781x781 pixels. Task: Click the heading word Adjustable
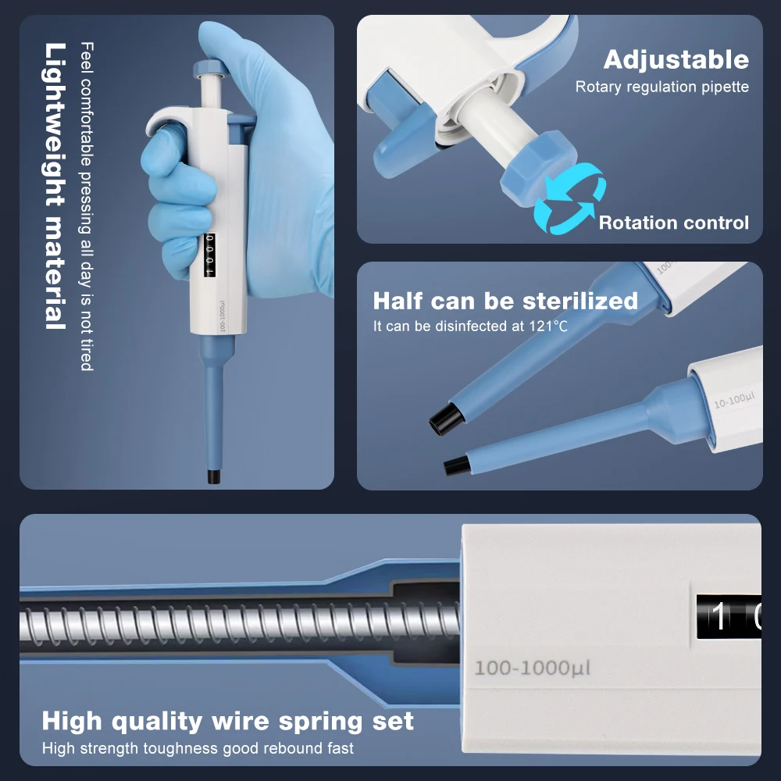pos(676,59)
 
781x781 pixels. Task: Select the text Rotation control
pos(673,223)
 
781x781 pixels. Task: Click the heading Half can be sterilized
pos(505,301)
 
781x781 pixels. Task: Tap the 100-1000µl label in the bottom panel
pos(532,669)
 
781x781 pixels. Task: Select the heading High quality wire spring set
pos(227,720)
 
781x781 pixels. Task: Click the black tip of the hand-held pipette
pos(212,476)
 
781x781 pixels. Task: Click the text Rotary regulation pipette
pos(662,87)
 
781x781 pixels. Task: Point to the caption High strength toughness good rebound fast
pos(198,748)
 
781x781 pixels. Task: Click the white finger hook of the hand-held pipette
pos(164,121)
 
